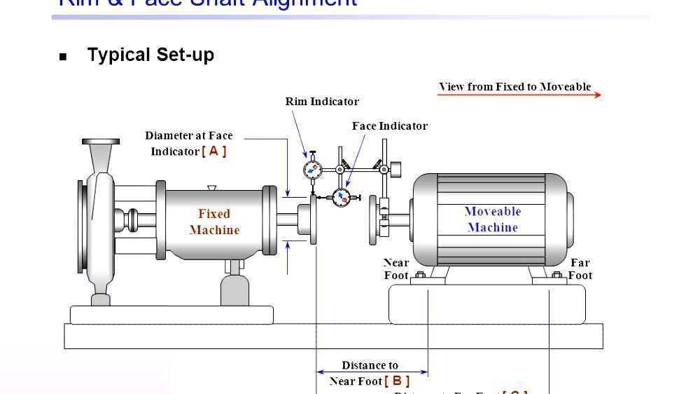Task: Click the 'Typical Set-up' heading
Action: pos(150,55)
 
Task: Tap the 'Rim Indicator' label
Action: pos(322,102)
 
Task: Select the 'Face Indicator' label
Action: pos(389,126)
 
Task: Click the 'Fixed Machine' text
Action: pos(214,222)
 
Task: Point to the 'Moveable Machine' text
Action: pos(493,219)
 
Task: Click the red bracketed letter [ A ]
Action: pos(214,151)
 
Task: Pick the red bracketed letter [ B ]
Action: pos(397,381)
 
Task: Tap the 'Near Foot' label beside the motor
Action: pos(396,269)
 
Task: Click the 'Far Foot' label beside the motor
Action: pos(580,269)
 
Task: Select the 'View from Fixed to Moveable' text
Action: pos(514,87)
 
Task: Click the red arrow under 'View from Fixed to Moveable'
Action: pos(519,95)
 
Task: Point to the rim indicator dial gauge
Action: pos(312,169)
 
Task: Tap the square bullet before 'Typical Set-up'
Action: pos(63,57)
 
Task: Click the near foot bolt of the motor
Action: pos(421,276)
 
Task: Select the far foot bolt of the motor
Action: pos(557,276)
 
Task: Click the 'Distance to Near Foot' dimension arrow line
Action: pos(372,372)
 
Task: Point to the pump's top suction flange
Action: pos(100,142)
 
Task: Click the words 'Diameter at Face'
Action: pos(189,136)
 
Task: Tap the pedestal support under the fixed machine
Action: pos(234,287)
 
